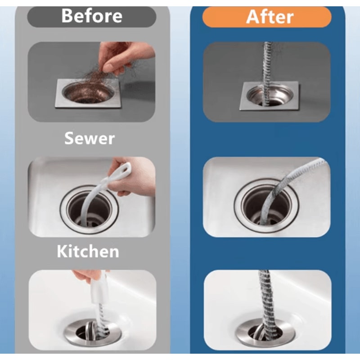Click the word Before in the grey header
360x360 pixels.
(91, 16)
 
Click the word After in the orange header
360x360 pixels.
(270, 17)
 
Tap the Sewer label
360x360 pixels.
(90, 138)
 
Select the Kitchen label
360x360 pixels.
(88, 251)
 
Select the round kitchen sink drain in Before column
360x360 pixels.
(89, 209)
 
